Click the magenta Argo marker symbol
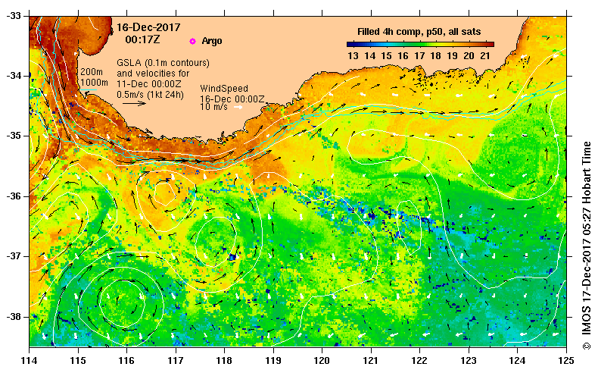coord(192,41)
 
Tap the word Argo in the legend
coord(212,41)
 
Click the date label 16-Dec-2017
coord(143,27)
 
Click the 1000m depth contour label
coord(94,82)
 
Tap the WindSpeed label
coord(222,89)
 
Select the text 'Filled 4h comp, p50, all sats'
coord(419,32)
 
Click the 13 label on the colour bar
coord(353,56)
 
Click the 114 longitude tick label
coord(30,359)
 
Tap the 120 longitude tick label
coord(322,359)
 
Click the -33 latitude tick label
coord(14,15)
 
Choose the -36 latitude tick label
coord(14,196)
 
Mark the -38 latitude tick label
coord(14,316)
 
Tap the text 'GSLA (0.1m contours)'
coord(163,62)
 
